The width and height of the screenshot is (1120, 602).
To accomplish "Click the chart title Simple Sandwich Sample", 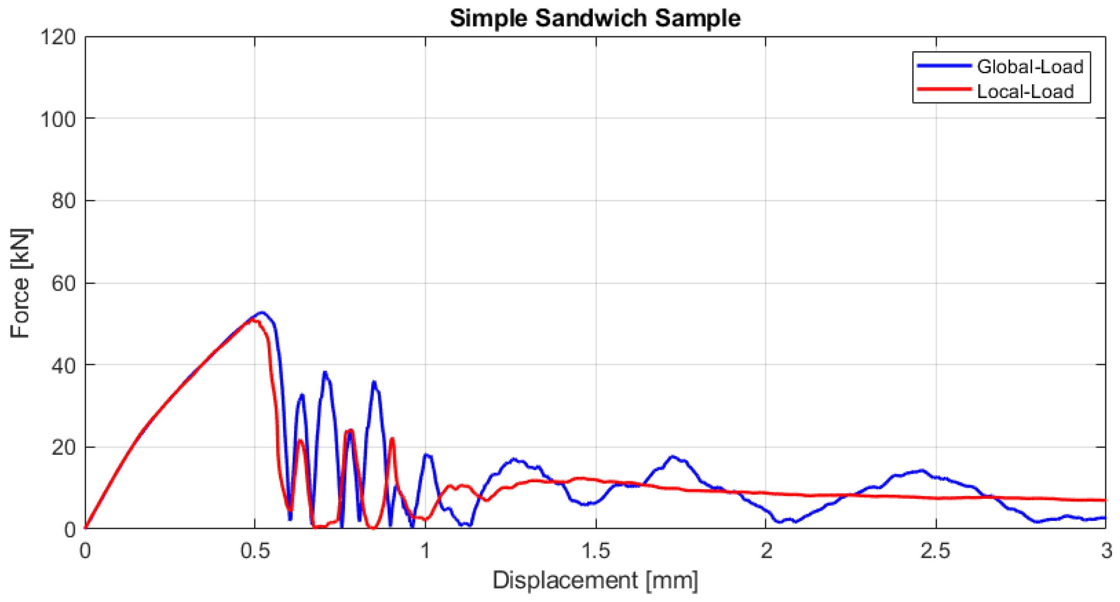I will [x=595, y=18].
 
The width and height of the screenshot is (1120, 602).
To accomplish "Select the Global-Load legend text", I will [x=1030, y=67].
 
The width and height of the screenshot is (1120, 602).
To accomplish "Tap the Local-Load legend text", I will [x=1025, y=91].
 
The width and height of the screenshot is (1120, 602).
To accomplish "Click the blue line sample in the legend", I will [x=944, y=65].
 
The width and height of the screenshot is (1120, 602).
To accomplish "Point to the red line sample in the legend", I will [x=944, y=89].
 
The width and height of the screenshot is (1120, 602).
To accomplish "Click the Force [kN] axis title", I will [x=20, y=283].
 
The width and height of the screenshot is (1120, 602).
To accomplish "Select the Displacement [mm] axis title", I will [x=595, y=580].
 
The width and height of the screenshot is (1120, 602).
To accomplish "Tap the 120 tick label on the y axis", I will [x=58, y=37].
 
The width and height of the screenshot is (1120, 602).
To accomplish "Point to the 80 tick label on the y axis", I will [x=64, y=201].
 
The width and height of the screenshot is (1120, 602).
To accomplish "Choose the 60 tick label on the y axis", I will [x=64, y=283].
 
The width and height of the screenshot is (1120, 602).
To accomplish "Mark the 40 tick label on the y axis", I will [x=64, y=365].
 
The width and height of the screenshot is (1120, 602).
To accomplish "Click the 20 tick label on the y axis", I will [x=64, y=447].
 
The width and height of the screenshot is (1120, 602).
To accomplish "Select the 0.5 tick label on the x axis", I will [x=255, y=551].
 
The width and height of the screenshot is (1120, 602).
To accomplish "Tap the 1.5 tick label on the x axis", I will [x=596, y=551].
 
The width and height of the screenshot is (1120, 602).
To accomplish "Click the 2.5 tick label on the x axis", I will [x=936, y=551].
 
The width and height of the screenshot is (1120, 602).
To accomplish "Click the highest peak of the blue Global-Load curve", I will [x=262, y=312].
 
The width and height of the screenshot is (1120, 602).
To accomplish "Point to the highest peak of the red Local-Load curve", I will [x=254, y=320].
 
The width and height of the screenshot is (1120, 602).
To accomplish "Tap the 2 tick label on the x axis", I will [x=766, y=551].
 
